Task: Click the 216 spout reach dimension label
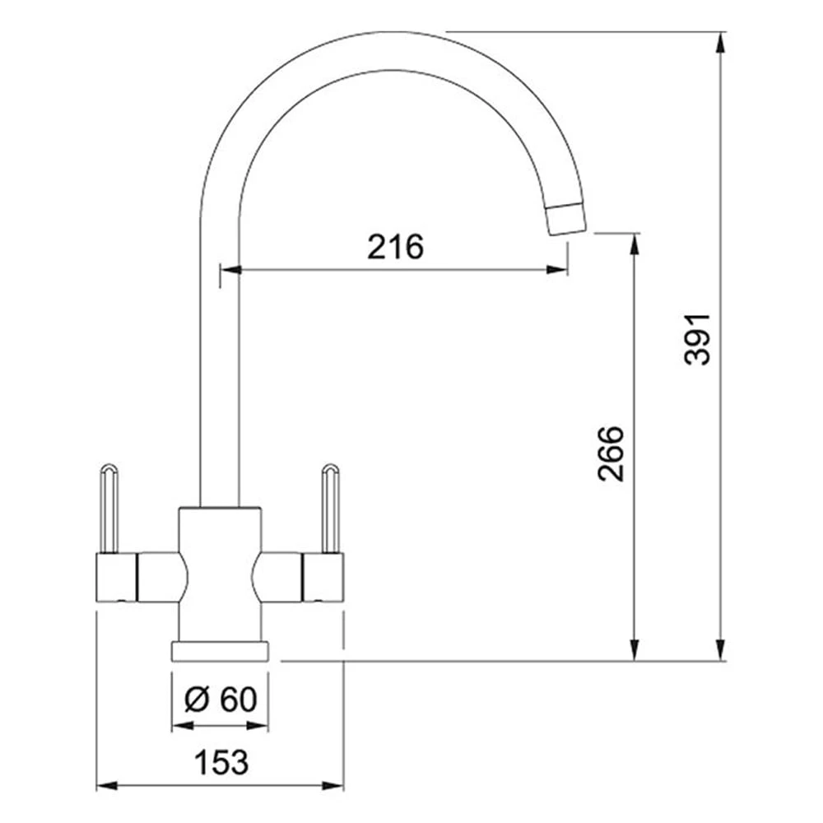[x=395, y=247]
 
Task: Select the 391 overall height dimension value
[x=698, y=339]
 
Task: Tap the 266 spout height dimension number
[x=611, y=453]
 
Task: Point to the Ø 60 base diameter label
[x=221, y=699]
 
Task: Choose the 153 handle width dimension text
[x=221, y=762]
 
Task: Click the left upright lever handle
[x=109, y=508]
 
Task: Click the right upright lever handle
[x=331, y=508]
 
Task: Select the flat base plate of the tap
[x=220, y=650]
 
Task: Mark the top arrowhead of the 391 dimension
[x=721, y=42]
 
